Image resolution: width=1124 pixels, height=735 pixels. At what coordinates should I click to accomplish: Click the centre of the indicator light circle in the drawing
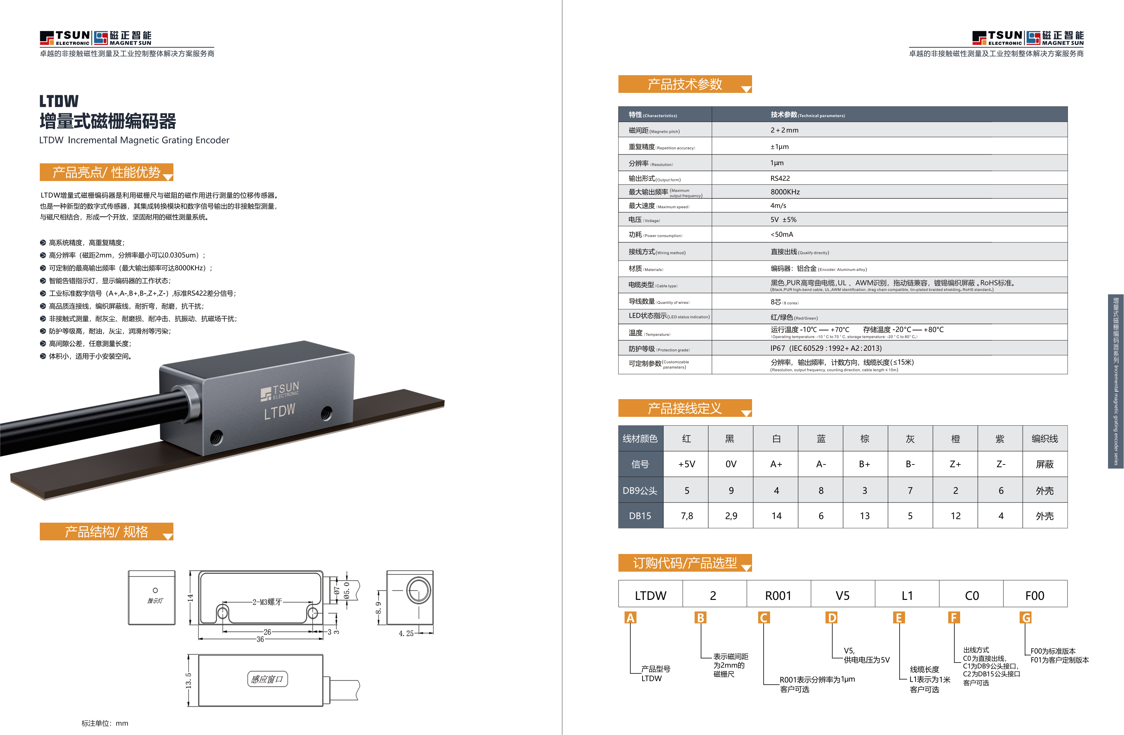155,590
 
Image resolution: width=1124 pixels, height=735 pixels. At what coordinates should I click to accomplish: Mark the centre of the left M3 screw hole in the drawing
222,614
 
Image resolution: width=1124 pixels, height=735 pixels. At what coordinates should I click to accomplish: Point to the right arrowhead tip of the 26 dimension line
312,632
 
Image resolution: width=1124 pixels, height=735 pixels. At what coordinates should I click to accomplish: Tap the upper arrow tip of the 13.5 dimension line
189,655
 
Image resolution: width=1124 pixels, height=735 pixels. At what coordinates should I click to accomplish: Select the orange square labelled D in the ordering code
832,618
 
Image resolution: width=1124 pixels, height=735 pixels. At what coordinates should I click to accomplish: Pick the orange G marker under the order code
1026,618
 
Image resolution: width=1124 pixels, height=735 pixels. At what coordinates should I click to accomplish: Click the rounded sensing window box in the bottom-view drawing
267,679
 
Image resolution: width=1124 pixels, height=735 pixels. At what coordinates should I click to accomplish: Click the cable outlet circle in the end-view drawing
419,591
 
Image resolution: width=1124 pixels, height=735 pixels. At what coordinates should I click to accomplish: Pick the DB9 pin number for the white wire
777,491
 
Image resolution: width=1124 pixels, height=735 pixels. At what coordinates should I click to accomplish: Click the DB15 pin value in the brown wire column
865,516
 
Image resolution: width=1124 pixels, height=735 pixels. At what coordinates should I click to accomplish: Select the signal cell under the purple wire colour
1001,464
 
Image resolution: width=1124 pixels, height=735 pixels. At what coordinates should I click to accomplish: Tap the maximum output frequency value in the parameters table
785,192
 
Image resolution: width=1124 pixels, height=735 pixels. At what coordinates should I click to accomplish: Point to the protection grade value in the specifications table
826,348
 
